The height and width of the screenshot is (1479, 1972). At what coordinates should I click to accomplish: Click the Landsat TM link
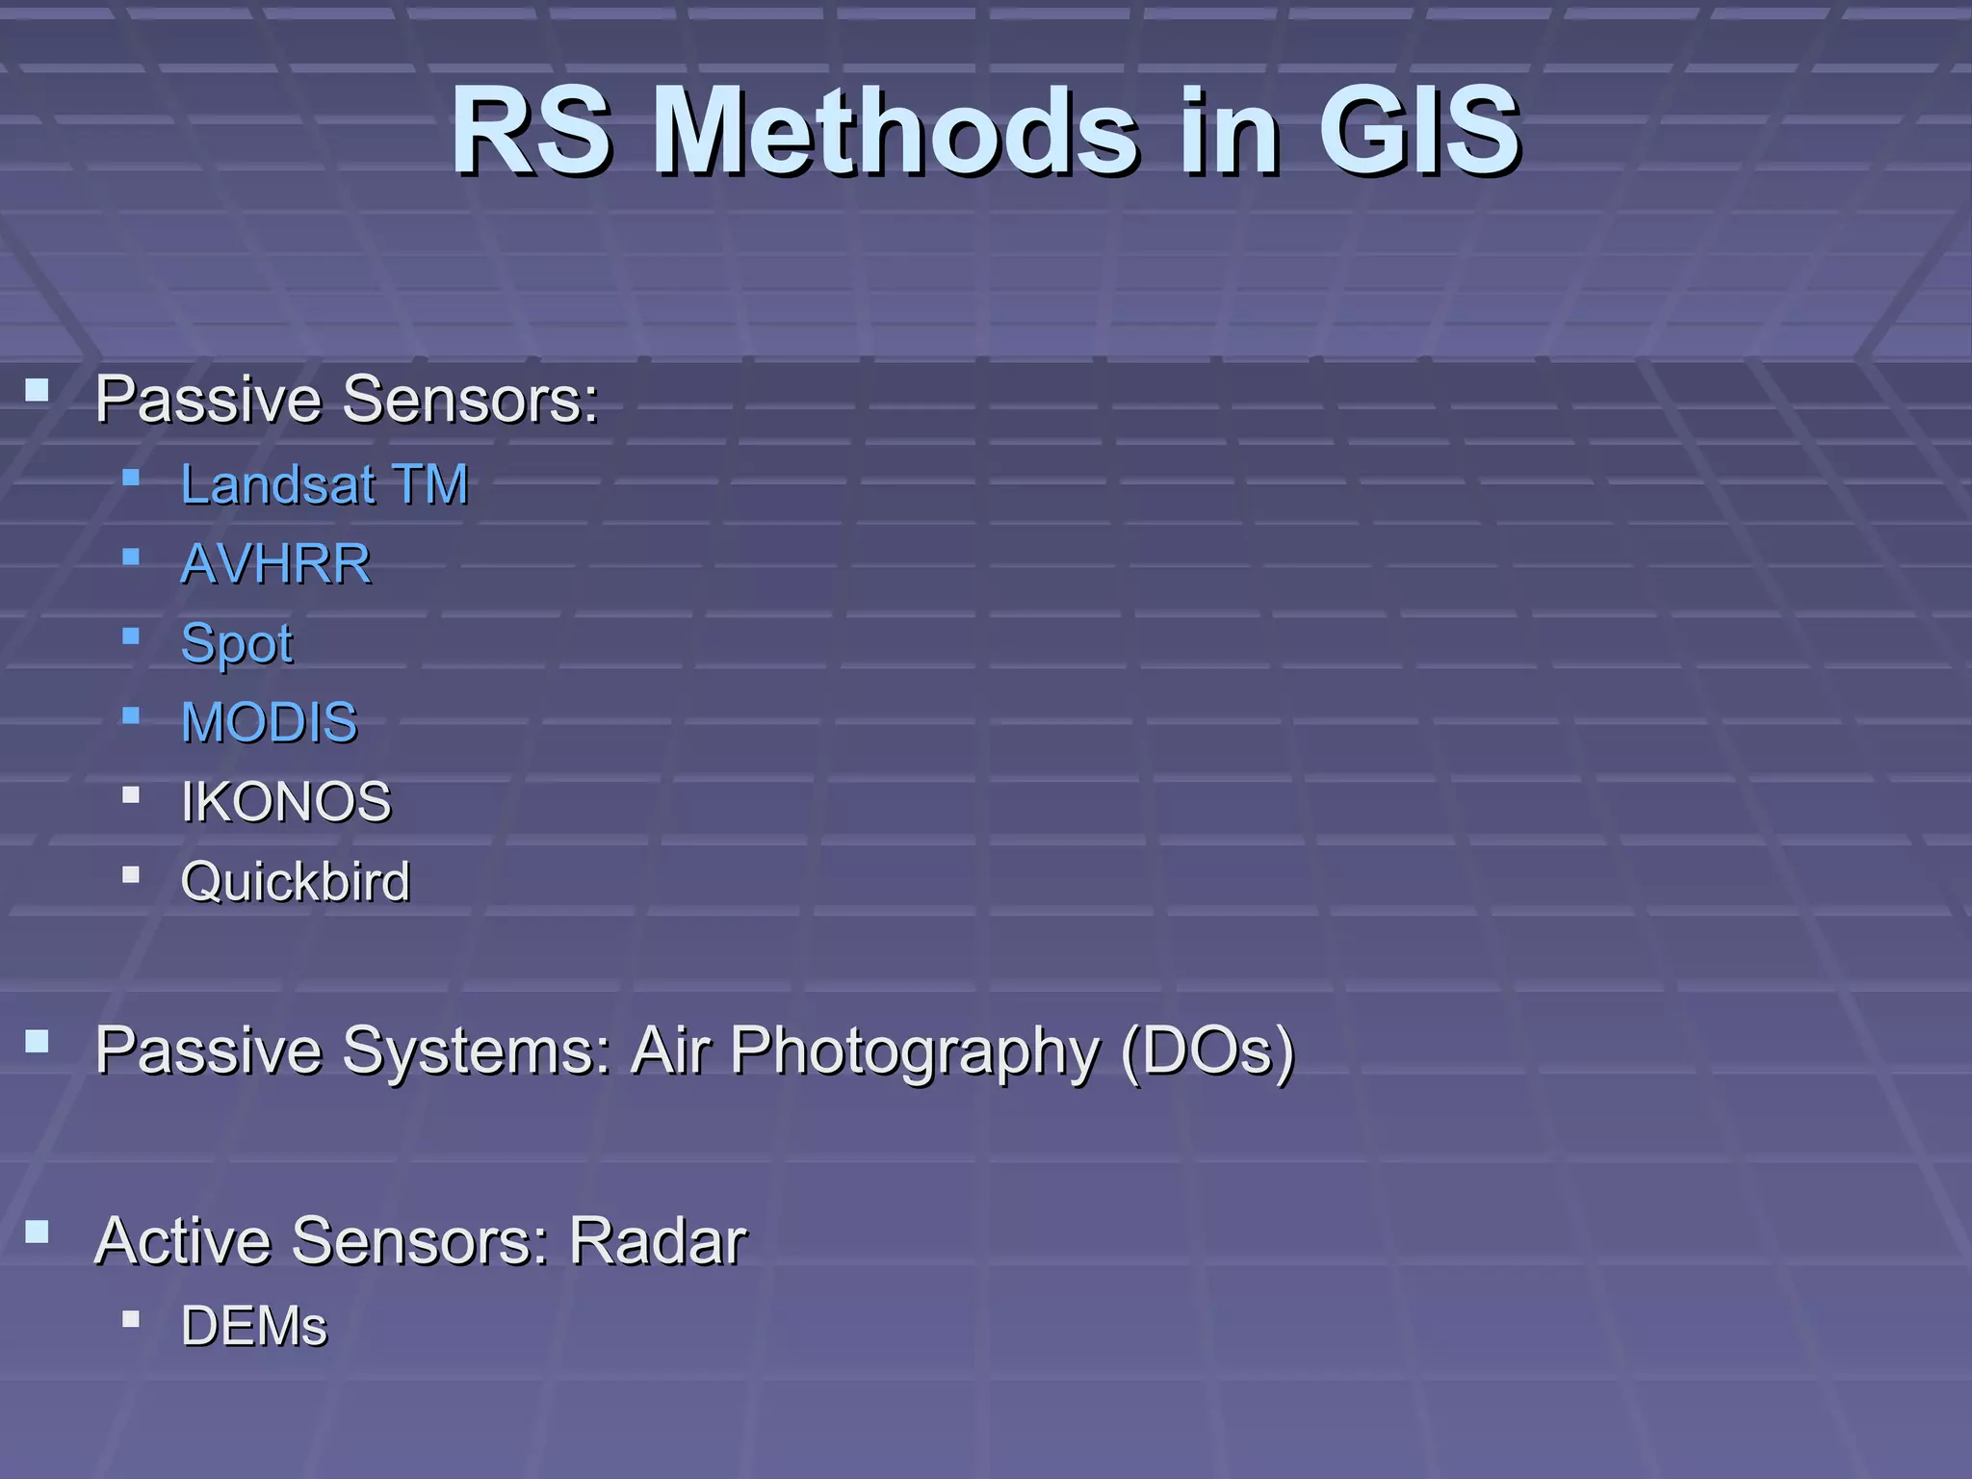324,483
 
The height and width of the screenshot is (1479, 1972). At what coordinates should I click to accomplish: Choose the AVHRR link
275,563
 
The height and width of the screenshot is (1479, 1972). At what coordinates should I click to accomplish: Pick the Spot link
237,643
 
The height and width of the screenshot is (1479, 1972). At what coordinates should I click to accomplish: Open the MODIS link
269,722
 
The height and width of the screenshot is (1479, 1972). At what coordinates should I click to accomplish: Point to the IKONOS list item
286,802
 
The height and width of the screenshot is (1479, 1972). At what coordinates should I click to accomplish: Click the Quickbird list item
295,881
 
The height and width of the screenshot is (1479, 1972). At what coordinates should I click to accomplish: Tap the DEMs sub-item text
254,1326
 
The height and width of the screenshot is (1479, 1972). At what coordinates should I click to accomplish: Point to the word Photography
915,1051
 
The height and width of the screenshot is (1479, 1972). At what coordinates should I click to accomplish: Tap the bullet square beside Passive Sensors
38,390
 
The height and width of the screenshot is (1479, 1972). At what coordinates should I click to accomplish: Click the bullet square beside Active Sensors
38,1232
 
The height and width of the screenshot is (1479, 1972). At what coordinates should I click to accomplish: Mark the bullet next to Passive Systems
38,1041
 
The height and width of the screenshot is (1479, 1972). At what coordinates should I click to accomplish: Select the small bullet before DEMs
132,1319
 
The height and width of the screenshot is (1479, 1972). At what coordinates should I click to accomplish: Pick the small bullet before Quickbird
132,874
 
